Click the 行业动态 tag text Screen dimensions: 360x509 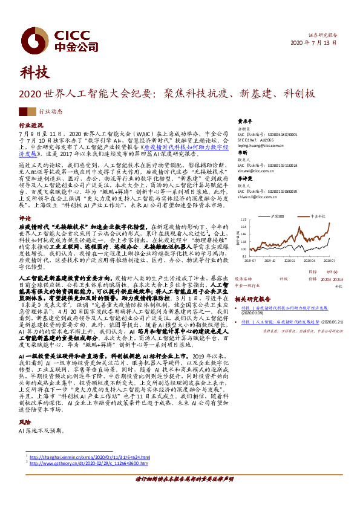51,112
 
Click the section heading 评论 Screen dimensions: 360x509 25,218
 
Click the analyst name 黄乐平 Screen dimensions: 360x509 243,120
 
